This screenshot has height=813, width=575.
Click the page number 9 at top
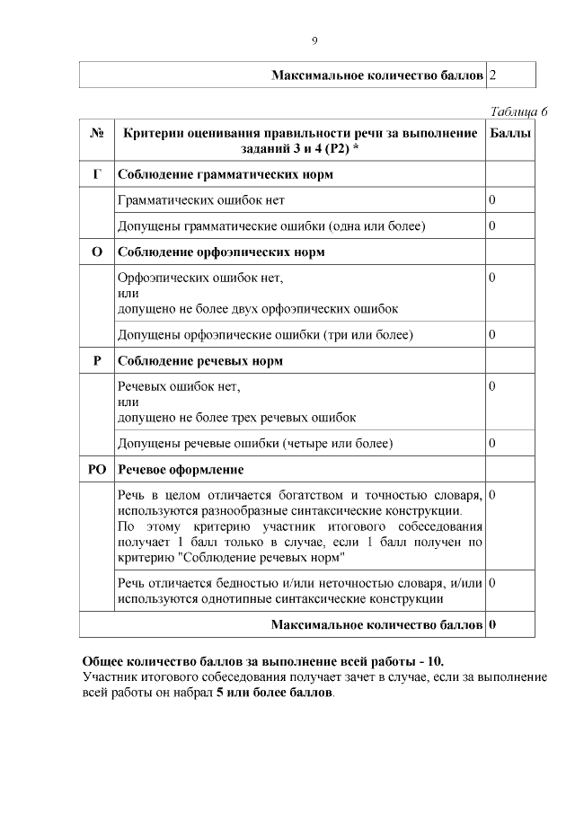[x=314, y=40]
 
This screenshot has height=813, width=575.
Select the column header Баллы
[x=510, y=134]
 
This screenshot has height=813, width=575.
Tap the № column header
[x=97, y=134]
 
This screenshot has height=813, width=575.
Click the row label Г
[x=97, y=173]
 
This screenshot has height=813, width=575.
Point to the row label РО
[x=97, y=470]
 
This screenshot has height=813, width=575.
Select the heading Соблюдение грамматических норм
[x=226, y=173]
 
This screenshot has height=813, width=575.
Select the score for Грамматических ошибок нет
[x=492, y=199]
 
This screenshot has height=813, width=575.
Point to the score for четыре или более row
[x=492, y=444]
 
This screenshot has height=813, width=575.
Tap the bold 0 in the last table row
[x=493, y=624]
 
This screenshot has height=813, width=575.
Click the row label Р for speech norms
[x=97, y=361]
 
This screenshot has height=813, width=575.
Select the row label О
[x=97, y=252]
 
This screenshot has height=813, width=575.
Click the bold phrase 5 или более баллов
[x=274, y=694]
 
